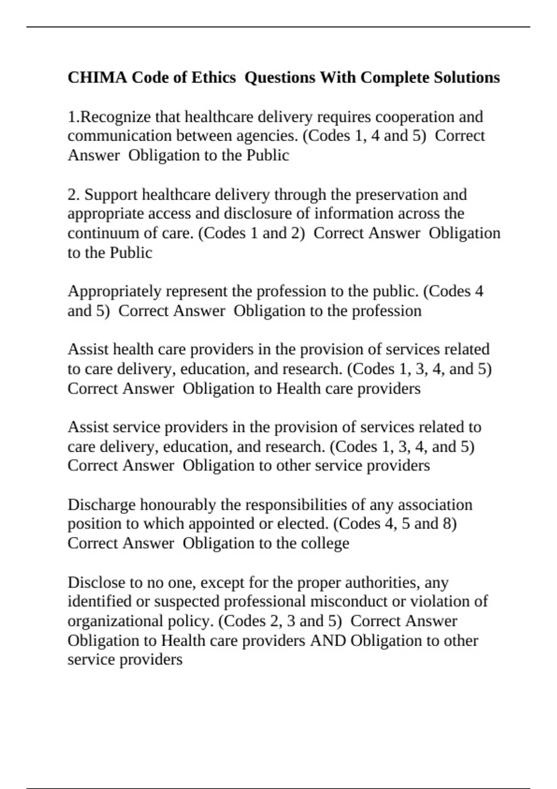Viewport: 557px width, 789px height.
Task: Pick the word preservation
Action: (x=396, y=194)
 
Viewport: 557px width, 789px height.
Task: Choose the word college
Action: (x=325, y=543)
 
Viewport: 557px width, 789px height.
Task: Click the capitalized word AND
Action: (x=328, y=640)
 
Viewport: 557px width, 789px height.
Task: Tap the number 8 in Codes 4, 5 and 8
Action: (x=449, y=524)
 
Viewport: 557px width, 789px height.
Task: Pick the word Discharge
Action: (x=102, y=504)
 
